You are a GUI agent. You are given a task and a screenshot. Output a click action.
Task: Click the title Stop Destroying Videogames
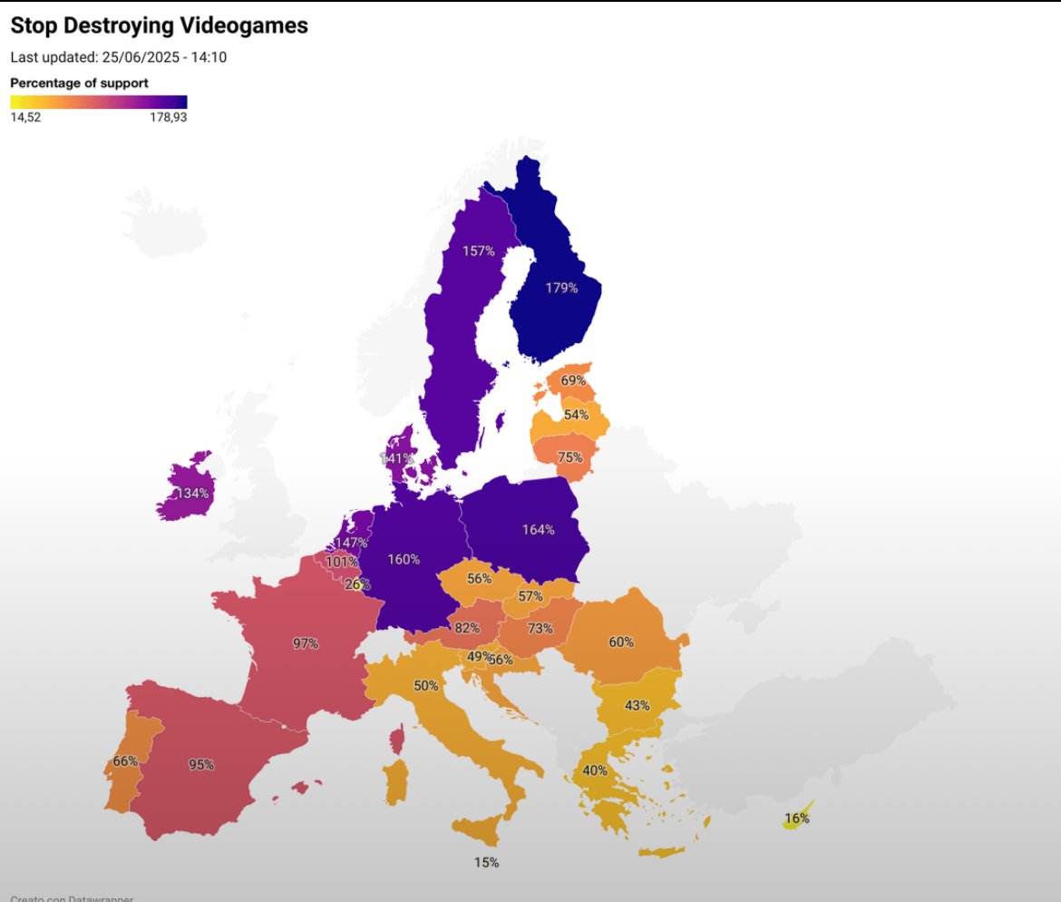[159, 26]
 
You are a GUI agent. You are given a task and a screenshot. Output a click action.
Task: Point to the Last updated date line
[118, 57]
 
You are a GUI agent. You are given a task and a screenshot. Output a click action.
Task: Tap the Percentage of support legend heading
[79, 83]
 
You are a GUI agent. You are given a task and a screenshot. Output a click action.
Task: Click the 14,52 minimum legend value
[25, 117]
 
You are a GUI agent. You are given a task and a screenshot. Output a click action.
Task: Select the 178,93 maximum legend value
[168, 117]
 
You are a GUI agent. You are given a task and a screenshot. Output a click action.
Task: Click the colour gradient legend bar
[98, 102]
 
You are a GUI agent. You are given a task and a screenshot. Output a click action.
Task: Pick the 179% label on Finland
[561, 288]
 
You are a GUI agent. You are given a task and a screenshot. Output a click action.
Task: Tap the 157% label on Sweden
[478, 250]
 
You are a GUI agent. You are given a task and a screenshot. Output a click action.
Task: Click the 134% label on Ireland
[192, 494]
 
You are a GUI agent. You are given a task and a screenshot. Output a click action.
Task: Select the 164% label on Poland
[538, 529]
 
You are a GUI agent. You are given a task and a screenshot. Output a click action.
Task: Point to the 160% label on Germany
[404, 559]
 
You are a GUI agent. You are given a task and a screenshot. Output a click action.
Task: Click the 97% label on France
[306, 643]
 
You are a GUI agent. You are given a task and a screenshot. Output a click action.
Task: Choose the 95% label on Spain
[200, 764]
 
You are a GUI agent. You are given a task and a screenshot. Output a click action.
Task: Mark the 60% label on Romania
[621, 642]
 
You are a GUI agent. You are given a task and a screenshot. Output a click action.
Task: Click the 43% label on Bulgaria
[637, 705]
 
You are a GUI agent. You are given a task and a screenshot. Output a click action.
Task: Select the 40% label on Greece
[595, 770]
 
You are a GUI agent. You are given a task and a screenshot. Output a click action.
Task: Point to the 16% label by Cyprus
[796, 818]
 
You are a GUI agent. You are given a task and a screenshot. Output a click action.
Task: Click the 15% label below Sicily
[486, 862]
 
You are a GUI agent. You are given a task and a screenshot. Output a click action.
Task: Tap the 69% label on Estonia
[573, 380]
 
